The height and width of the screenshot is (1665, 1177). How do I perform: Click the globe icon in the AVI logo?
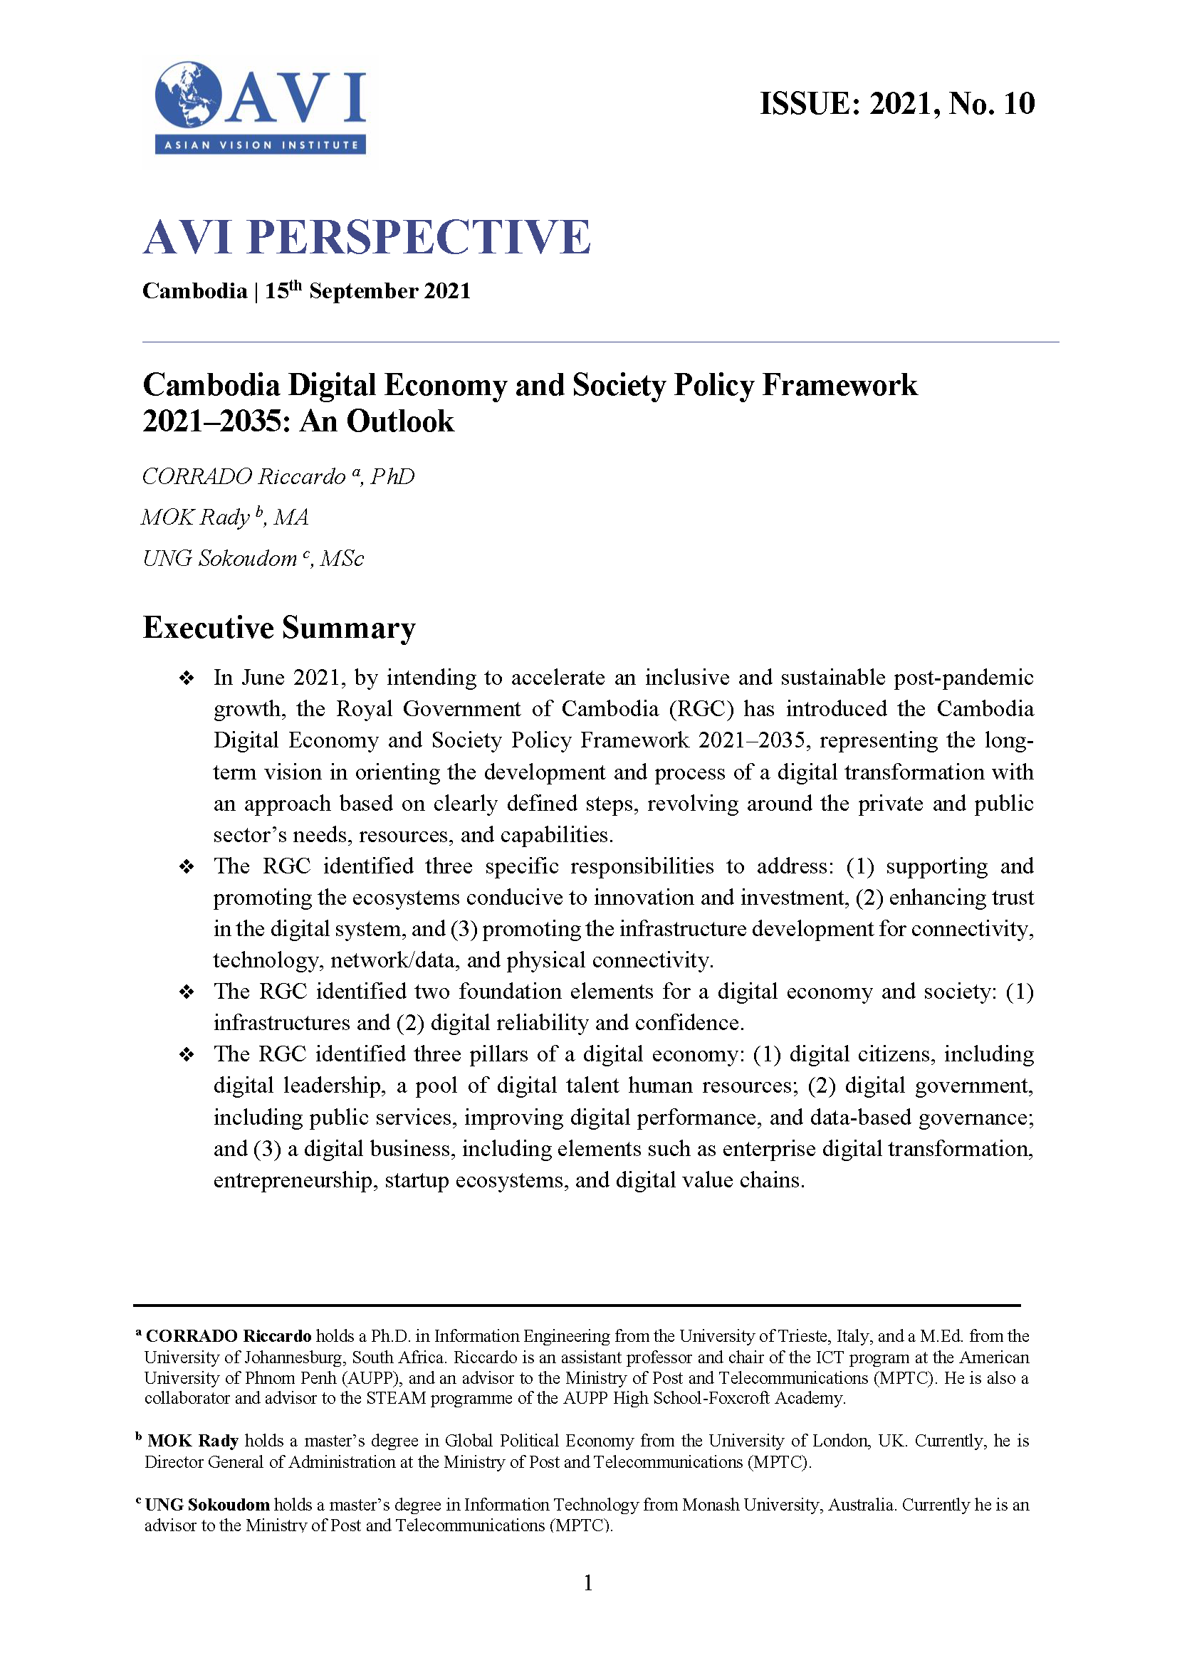point(187,95)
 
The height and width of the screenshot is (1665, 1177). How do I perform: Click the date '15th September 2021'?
point(367,291)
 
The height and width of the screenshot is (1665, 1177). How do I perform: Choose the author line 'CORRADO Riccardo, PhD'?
point(278,476)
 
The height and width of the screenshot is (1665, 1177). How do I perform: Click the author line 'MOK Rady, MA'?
point(225,517)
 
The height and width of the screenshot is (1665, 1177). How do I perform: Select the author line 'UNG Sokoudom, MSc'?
point(252,558)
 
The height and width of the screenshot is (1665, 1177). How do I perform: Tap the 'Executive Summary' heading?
point(279,627)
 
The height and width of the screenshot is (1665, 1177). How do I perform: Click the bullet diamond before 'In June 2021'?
point(187,678)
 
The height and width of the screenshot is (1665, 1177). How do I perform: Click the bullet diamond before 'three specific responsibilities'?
point(187,866)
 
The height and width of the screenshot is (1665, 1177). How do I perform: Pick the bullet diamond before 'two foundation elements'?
point(187,992)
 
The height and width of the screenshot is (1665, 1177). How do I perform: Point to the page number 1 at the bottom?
point(588,1583)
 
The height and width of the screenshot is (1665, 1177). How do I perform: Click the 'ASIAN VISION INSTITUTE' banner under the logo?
point(261,145)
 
